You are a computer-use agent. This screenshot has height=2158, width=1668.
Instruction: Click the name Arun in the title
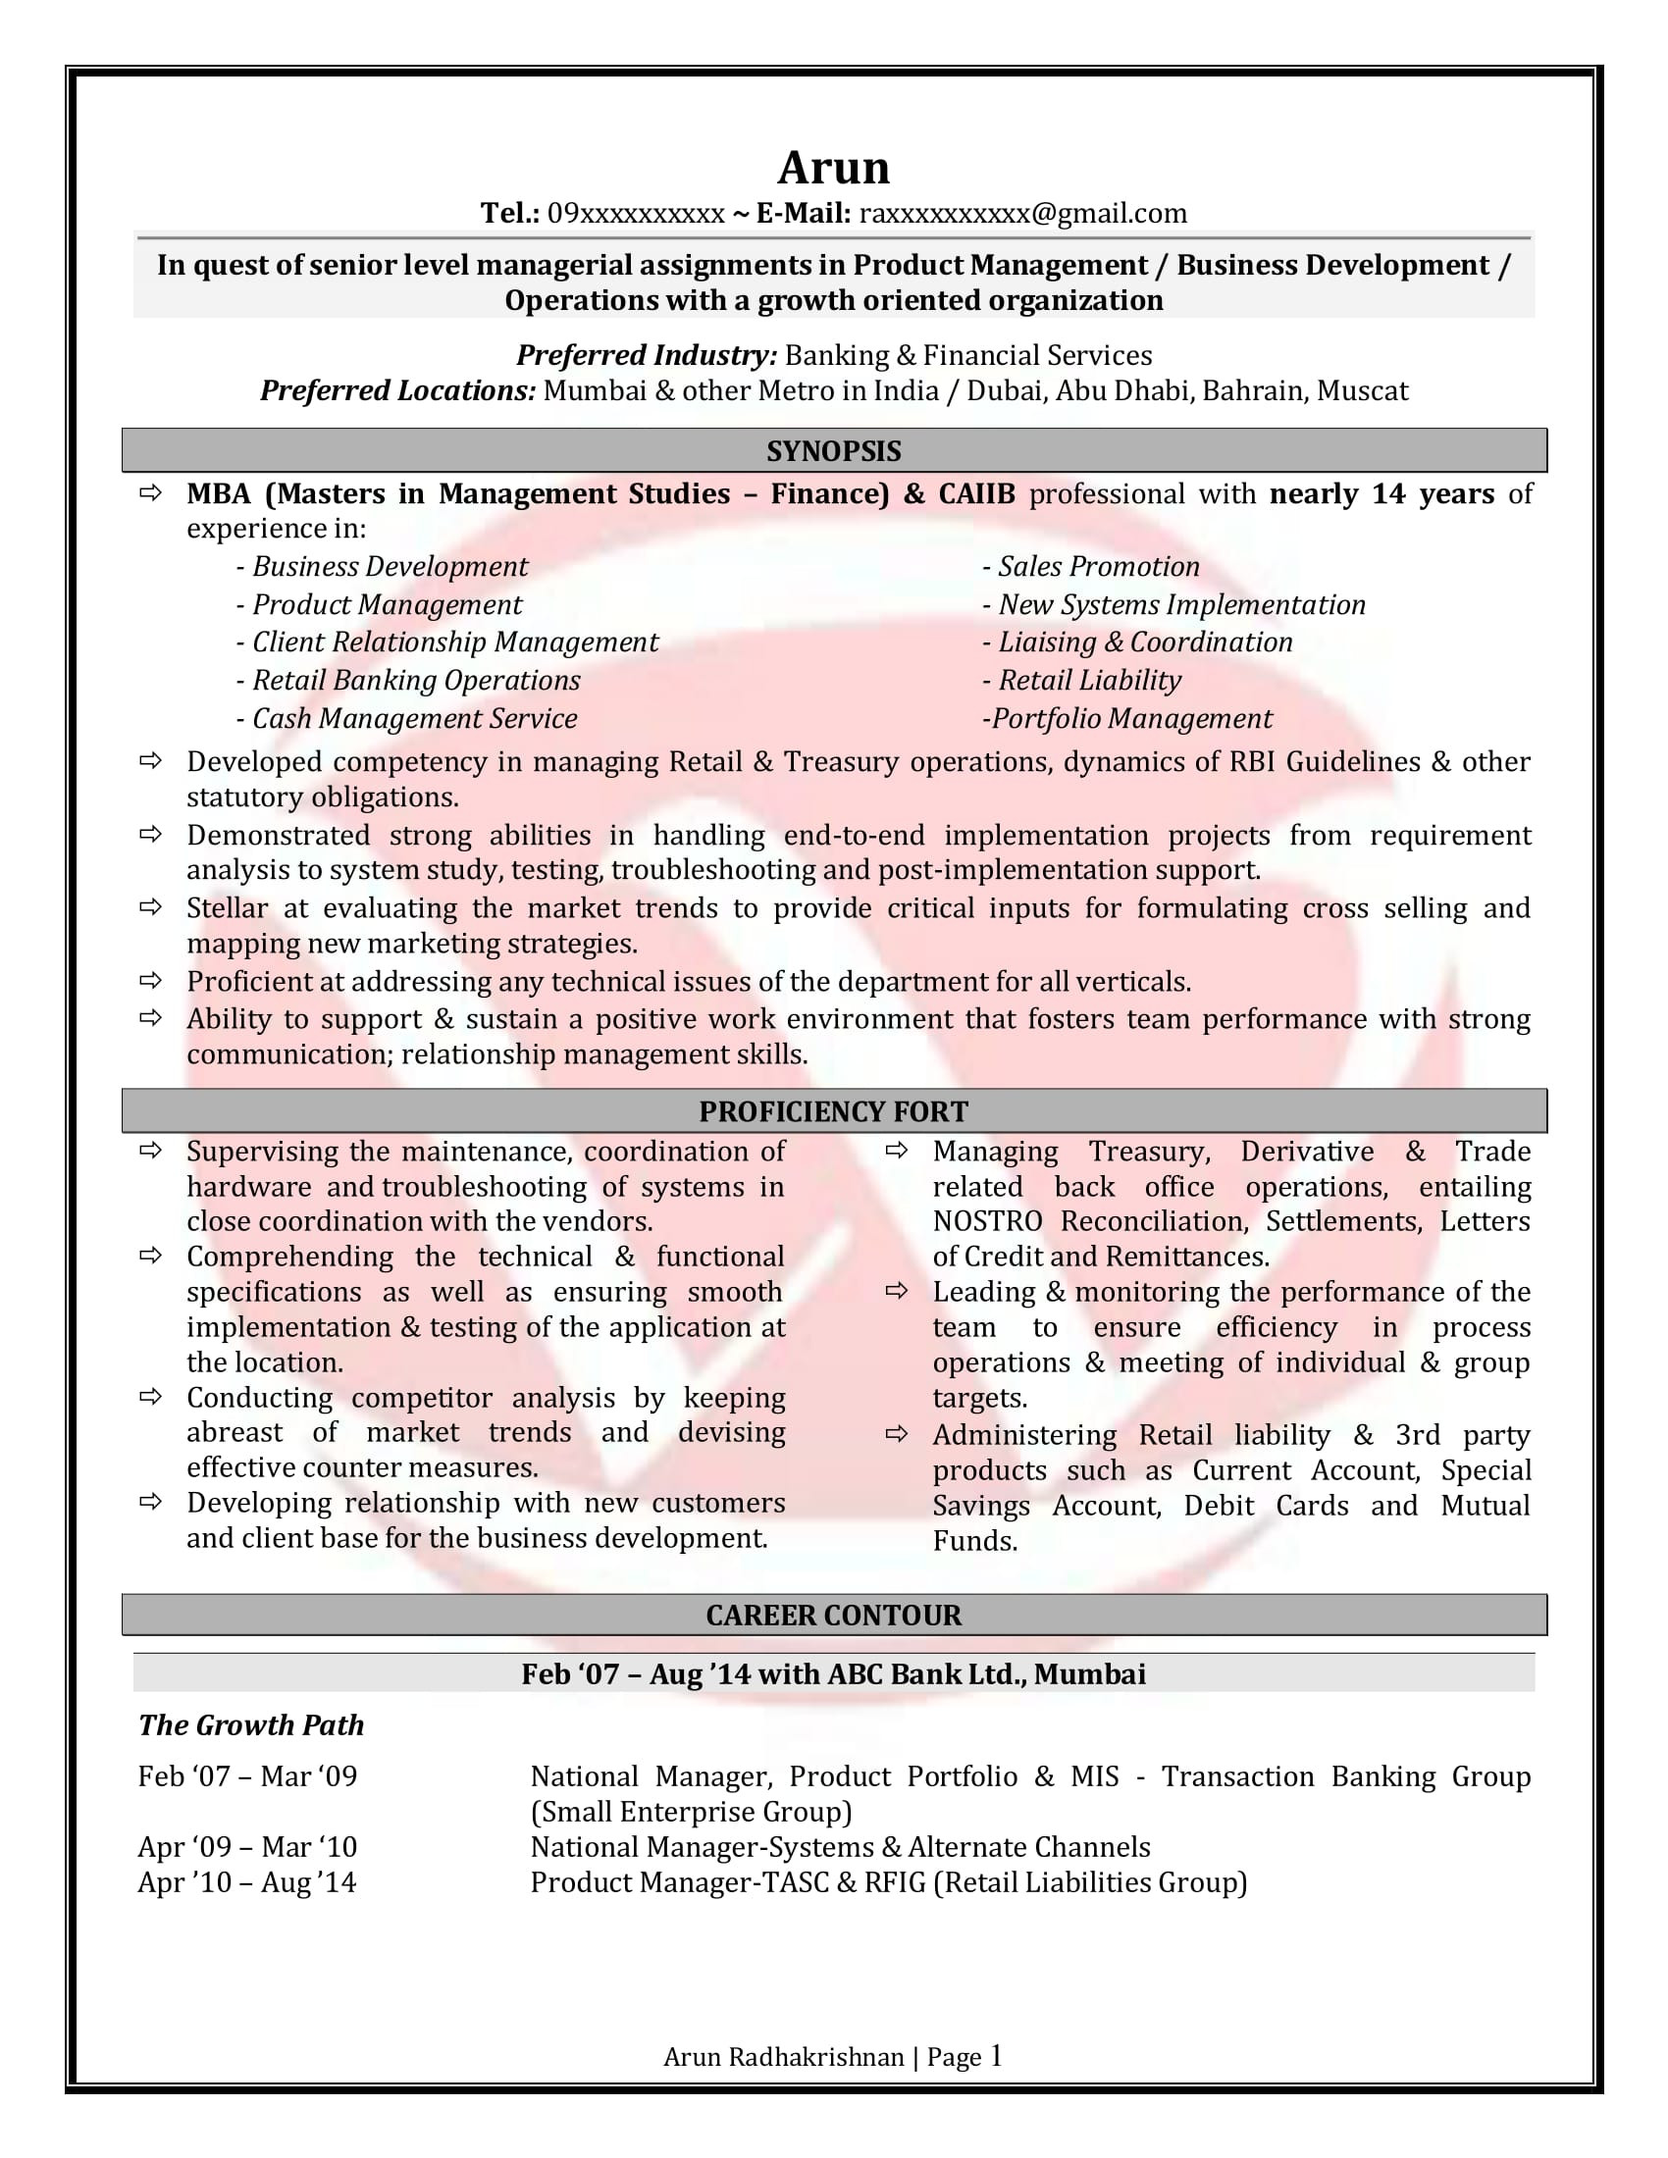click(x=833, y=168)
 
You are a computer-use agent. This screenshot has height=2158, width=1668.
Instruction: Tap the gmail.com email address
click(x=1022, y=214)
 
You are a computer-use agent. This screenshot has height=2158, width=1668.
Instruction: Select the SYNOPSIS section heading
click(x=833, y=451)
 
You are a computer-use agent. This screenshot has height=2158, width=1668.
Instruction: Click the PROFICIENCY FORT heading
click(x=833, y=1111)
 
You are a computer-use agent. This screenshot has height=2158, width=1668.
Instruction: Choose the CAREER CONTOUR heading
click(x=833, y=1616)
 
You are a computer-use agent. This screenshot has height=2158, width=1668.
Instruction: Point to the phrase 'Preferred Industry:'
click(x=647, y=356)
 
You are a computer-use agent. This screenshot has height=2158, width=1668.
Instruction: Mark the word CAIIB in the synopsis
click(x=976, y=494)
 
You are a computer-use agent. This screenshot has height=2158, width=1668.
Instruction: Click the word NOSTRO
click(x=987, y=1222)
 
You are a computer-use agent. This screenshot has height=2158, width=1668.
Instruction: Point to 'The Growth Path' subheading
click(x=251, y=1725)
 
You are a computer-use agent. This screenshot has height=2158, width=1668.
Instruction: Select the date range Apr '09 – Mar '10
click(x=247, y=1848)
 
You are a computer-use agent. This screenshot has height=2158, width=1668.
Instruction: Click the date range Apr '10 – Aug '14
click(x=247, y=1883)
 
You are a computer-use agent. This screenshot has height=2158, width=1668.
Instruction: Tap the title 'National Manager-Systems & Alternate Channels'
click(x=840, y=1848)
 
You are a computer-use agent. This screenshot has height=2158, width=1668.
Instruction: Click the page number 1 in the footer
click(x=996, y=2056)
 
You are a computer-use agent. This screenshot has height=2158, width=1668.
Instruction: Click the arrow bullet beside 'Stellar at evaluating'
click(x=150, y=907)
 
